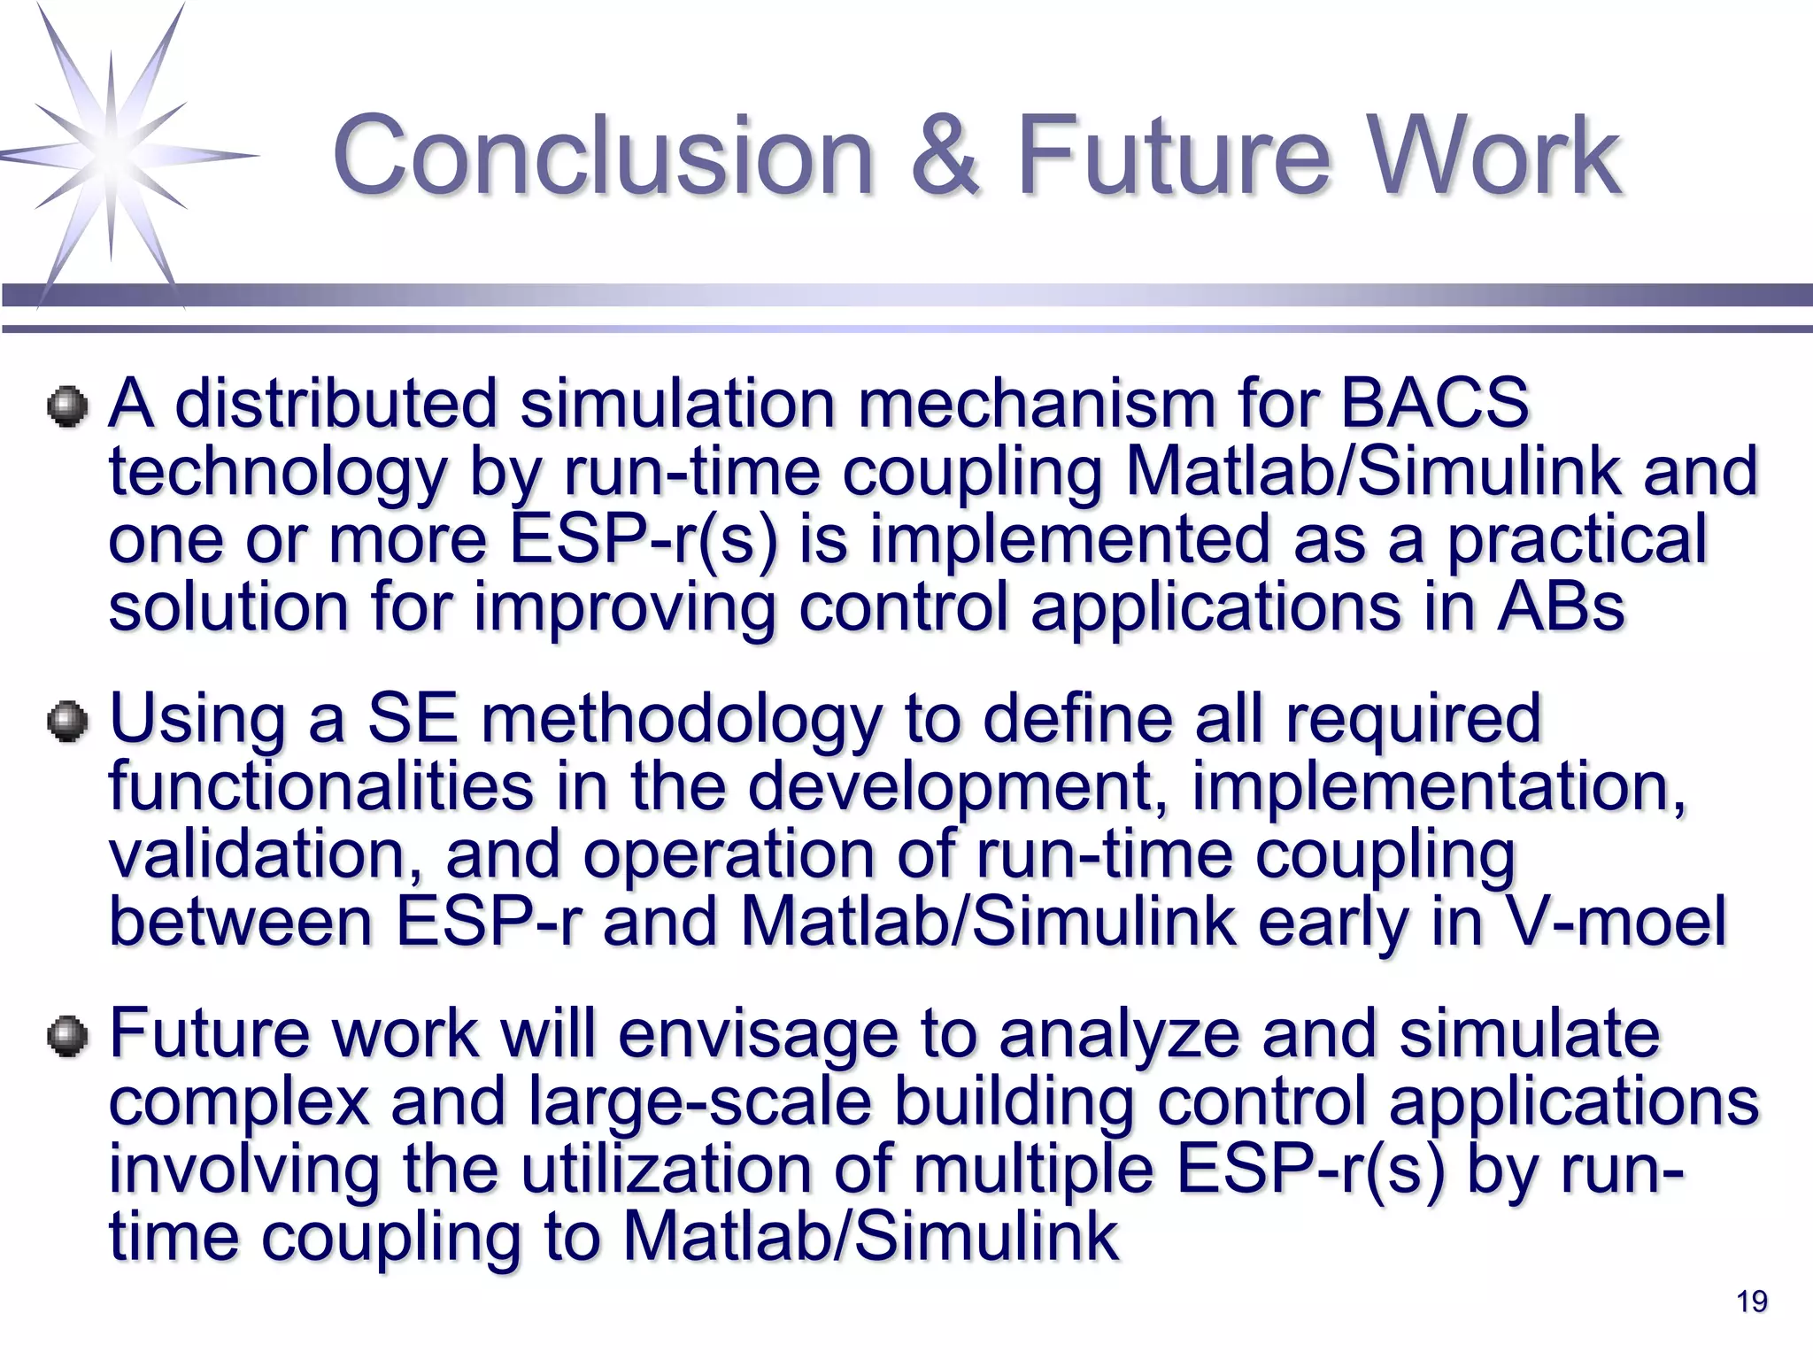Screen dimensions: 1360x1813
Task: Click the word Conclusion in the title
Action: (602, 157)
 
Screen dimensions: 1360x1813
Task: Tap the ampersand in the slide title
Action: (945, 157)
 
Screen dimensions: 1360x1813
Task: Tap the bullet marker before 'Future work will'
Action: (68, 1037)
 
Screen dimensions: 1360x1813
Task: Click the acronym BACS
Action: (1434, 404)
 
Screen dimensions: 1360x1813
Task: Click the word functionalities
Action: (321, 786)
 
